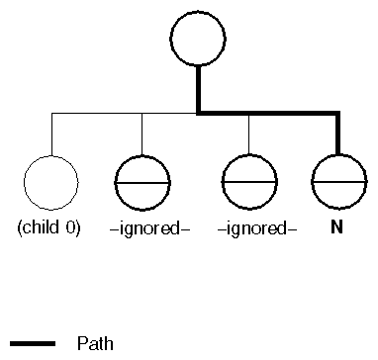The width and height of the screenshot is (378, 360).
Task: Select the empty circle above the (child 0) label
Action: tap(49, 183)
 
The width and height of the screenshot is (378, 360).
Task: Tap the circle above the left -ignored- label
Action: tap(142, 183)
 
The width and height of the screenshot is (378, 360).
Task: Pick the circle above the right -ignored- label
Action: tap(248, 183)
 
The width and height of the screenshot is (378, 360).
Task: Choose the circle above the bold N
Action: tap(338, 183)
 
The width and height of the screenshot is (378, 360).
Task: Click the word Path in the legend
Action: tap(96, 344)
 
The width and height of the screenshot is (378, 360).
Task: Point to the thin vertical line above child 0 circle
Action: tap(50, 135)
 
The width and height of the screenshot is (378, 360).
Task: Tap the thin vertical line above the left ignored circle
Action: tap(142, 135)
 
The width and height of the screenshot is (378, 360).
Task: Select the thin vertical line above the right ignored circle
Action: tap(248, 135)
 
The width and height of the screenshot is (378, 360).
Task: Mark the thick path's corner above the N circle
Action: tap(338, 114)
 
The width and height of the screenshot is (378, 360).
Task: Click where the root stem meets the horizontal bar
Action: tap(199, 114)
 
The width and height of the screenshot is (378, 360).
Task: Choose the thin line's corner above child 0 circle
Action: tap(50, 115)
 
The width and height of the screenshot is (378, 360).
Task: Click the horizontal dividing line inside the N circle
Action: tap(338, 183)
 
